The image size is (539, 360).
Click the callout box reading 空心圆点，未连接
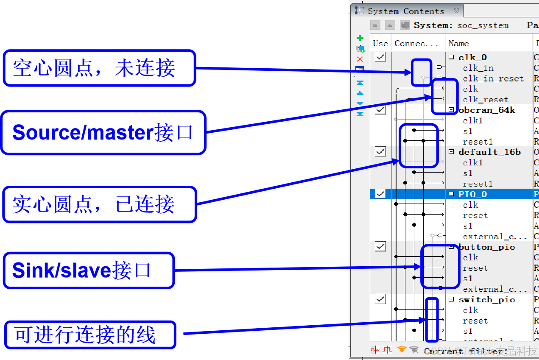click(99, 68)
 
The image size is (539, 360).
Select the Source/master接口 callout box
click(103, 133)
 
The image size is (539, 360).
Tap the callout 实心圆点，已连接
click(99, 205)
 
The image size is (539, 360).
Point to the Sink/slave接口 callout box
click(89, 271)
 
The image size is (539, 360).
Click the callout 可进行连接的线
click(90, 335)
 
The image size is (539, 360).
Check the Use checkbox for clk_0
click(380, 57)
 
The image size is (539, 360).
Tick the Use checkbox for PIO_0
click(380, 194)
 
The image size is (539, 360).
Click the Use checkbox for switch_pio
click(380, 299)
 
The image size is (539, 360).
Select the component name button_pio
click(487, 247)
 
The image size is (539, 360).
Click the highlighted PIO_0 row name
click(472, 194)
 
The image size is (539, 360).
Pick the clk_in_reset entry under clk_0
click(493, 78)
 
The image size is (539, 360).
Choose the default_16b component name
click(489, 152)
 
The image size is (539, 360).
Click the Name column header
click(458, 43)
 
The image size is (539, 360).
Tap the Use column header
click(380, 43)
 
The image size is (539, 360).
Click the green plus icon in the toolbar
click(360, 39)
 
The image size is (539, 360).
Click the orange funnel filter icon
click(402, 350)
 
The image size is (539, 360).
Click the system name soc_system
click(483, 25)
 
